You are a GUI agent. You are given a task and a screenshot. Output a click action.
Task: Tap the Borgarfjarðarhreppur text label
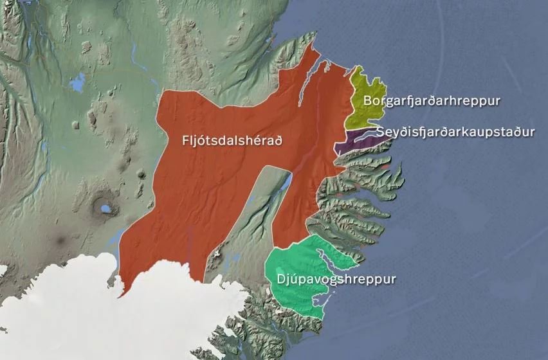coord(432,101)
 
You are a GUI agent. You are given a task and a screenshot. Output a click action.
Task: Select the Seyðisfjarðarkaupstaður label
coord(455,132)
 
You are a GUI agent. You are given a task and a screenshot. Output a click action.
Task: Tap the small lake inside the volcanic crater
coord(102,208)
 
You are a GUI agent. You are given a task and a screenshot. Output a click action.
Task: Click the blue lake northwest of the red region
coord(78,82)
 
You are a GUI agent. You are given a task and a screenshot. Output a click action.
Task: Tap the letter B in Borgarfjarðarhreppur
coord(367,101)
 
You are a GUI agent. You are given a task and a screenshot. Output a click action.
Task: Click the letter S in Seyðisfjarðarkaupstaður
coord(380,132)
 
